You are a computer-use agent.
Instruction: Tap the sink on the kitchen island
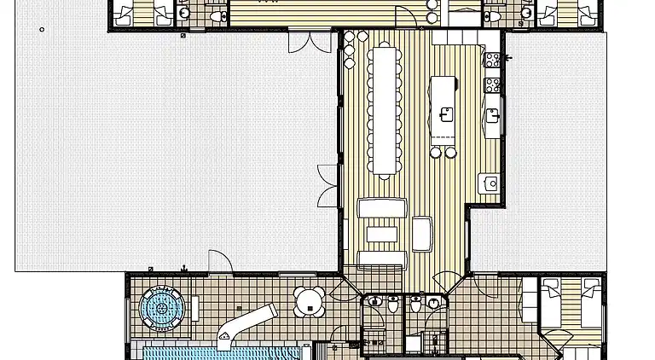pyautogui.click(x=445, y=112)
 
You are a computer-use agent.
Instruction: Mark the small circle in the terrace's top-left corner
pyautogui.click(x=42, y=30)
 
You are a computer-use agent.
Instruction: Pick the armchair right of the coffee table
pyautogui.click(x=422, y=233)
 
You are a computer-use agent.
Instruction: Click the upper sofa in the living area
pyautogui.click(x=381, y=208)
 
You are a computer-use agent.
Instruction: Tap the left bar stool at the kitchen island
pyautogui.click(x=435, y=153)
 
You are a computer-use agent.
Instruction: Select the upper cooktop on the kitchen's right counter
pyautogui.click(x=491, y=59)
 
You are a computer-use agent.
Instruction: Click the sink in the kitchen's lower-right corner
pyautogui.click(x=490, y=183)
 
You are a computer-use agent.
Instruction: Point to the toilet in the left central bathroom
pyautogui.click(x=391, y=305)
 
